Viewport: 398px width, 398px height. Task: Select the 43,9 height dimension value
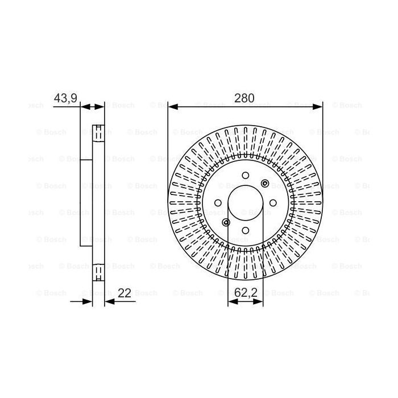point(65,98)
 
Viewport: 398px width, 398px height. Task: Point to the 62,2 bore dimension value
point(245,293)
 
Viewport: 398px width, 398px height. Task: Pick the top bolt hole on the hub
point(246,175)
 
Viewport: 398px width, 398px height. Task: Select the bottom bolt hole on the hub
point(246,230)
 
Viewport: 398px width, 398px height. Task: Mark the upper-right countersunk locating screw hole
point(265,183)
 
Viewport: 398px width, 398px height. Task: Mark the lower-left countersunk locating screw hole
point(226,222)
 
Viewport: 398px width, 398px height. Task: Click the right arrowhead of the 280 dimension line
point(319,106)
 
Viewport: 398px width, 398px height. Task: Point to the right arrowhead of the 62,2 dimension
point(260,302)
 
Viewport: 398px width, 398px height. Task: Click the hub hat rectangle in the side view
point(86,202)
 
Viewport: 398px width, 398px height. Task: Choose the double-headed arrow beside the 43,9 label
point(93,106)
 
